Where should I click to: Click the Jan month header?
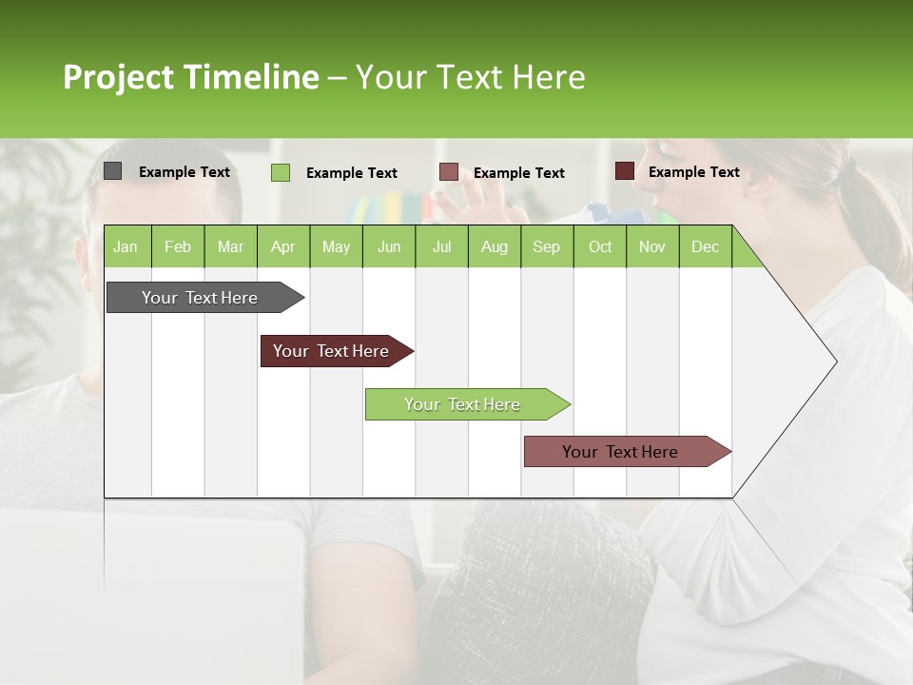(x=126, y=246)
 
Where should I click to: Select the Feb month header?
(x=178, y=246)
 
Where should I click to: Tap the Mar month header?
(x=230, y=246)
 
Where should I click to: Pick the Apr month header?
(x=282, y=246)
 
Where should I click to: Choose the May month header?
(x=336, y=246)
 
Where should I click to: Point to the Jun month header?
(x=389, y=246)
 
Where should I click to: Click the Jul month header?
(x=441, y=246)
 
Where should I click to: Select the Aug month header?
(x=494, y=246)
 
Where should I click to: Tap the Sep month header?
(x=546, y=246)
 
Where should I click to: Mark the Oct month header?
(x=600, y=246)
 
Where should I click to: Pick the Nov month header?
(x=651, y=246)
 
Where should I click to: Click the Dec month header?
(x=705, y=246)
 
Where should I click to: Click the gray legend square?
(x=112, y=171)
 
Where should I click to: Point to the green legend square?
(x=280, y=172)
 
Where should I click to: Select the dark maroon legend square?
(x=624, y=171)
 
